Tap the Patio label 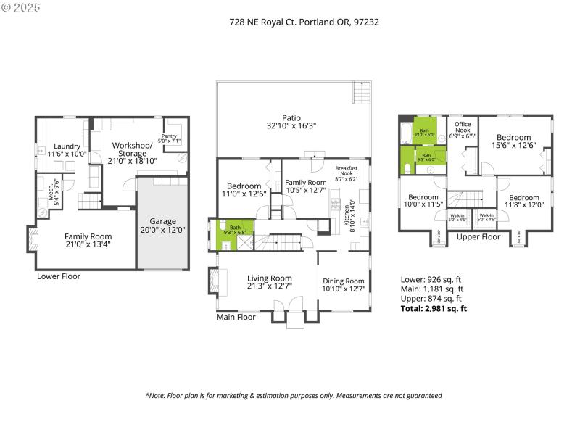pyautogui.click(x=293, y=121)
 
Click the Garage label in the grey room pyautogui.click(x=163, y=225)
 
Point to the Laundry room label pyautogui.click(x=67, y=149)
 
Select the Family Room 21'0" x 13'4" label pyautogui.click(x=88, y=240)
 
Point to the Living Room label pyautogui.click(x=270, y=281)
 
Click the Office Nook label pyautogui.click(x=463, y=130)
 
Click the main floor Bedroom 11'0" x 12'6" pyautogui.click(x=244, y=189)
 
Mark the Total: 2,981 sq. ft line pyautogui.click(x=434, y=308)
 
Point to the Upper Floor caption pyautogui.click(x=478, y=236)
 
